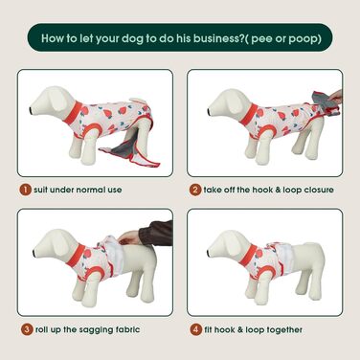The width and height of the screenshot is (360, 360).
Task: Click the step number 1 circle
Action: [25, 190]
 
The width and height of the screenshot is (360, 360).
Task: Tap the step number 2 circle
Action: [195, 190]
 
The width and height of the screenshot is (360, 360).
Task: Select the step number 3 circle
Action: [27, 329]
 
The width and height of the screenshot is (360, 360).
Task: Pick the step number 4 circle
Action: [196, 329]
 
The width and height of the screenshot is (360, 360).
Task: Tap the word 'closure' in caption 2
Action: [319, 190]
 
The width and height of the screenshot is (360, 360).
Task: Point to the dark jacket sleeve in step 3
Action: [160, 233]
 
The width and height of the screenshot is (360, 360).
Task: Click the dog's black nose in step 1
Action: [30, 110]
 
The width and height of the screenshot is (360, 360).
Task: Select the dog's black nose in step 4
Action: [208, 253]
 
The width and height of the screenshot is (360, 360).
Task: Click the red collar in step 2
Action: [248, 115]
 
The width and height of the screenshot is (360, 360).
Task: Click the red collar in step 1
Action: [72, 113]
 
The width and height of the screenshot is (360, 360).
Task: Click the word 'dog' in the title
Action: [132, 39]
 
